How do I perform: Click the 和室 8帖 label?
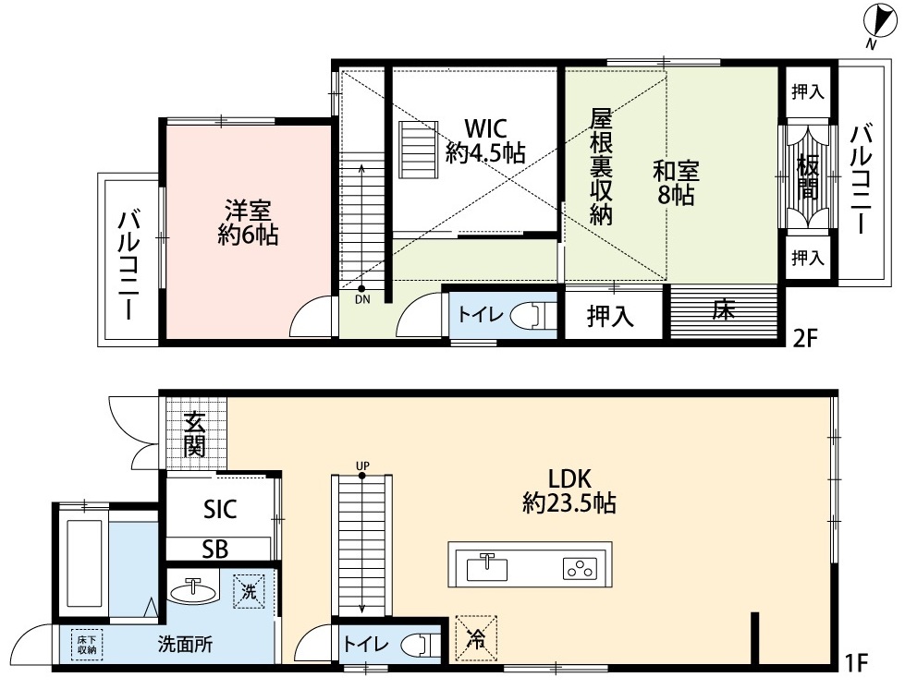point(676,184)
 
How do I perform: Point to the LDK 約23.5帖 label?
point(569,491)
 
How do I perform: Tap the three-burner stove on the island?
point(579,569)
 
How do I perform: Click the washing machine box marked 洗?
point(250,591)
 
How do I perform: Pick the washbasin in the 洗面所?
point(194,590)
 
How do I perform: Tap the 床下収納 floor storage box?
point(88,644)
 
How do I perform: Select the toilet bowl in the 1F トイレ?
point(421,644)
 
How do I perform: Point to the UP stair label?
point(362,465)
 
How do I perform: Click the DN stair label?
point(362,299)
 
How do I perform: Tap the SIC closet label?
point(220,509)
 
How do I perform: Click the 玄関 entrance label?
point(194,437)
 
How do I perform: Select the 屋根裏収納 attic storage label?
point(601,166)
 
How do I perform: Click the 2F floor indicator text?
point(806,338)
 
